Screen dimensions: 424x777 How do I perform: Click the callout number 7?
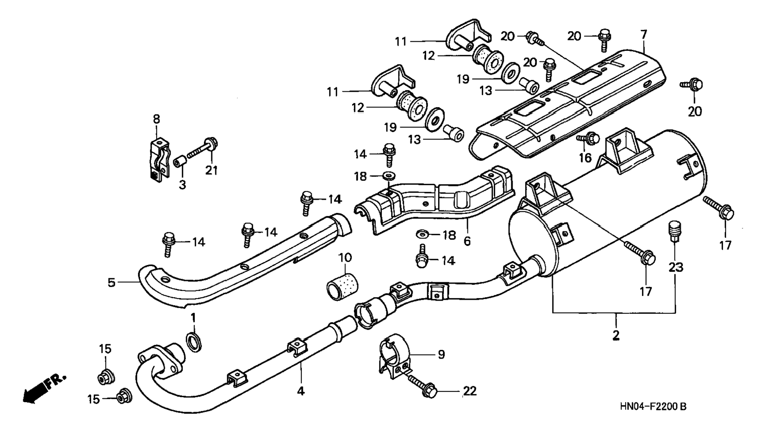(643, 34)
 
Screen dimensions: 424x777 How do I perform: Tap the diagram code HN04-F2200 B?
(653, 407)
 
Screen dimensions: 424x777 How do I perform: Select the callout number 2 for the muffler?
(616, 335)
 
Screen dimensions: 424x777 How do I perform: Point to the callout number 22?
(470, 391)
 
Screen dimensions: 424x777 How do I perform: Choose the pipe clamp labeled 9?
(394, 359)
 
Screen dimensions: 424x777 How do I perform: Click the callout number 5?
(111, 282)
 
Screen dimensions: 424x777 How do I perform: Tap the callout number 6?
(467, 241)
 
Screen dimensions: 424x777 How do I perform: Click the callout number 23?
(676, 267)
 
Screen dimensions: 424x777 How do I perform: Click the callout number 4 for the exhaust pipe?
(301, 390)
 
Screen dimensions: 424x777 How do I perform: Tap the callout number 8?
(157, 119)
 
